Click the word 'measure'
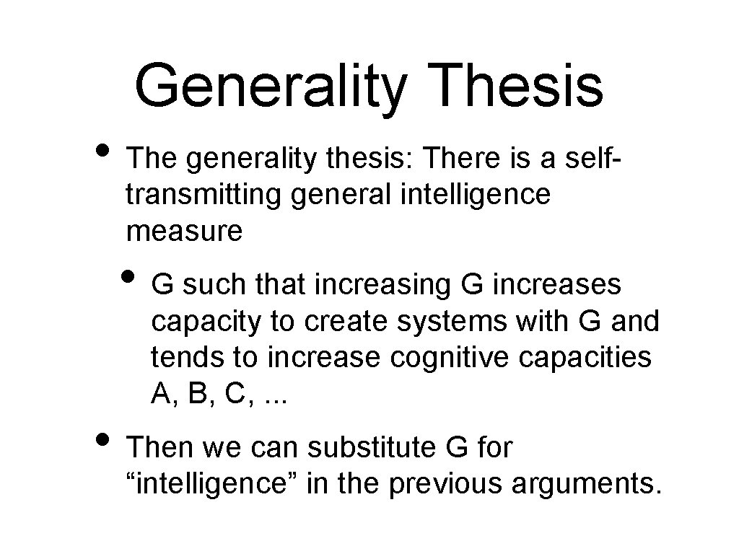[185, 232]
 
